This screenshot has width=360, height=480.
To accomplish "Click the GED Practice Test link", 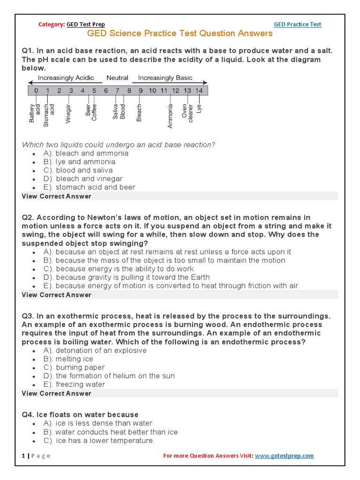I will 298,24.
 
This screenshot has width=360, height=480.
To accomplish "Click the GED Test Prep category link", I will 86,24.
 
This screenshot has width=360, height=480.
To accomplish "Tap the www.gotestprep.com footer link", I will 285,456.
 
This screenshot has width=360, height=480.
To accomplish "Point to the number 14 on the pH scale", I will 199,90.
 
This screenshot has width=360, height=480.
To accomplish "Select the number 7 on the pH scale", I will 118,90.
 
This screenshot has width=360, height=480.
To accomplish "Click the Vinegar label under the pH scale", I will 68,113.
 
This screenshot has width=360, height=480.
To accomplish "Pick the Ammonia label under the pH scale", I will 170,116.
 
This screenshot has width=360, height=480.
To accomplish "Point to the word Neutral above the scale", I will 117,78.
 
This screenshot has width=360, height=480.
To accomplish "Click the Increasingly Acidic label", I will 66,78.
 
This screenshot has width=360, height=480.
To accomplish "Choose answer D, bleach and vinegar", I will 83,179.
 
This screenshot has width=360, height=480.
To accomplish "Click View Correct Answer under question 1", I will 56,196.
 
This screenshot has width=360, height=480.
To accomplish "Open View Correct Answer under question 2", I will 56,295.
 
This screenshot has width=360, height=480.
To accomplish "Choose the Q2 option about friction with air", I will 171,286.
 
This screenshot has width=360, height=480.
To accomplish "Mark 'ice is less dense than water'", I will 97,423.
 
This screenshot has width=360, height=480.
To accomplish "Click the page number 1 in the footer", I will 23,456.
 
